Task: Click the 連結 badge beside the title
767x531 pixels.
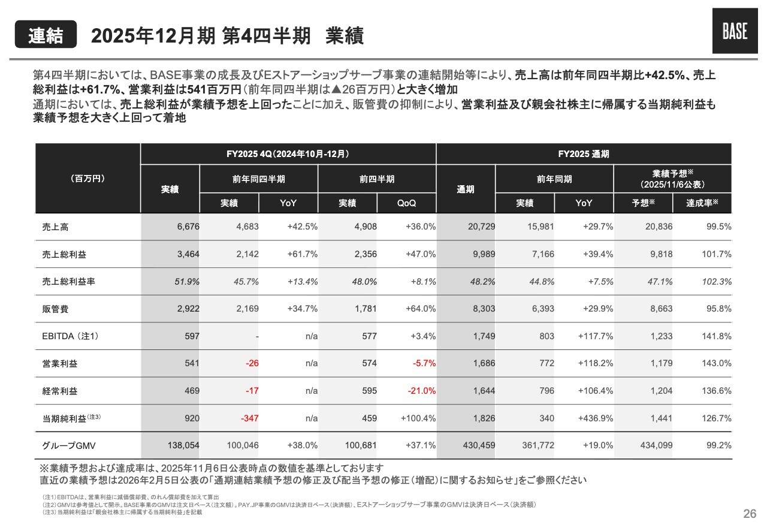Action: [x=46, y=35]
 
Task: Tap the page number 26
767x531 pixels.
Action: [x=749, y=513]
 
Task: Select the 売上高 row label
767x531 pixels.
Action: [x=55, y=227]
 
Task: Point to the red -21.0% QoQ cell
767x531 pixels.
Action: [x=421, y=391]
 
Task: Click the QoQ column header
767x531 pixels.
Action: [x=406, y=203]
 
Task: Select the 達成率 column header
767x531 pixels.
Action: [x=702, y=203]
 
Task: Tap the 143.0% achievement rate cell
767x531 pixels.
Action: [x=716, y=363]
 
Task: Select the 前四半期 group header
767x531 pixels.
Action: [x=377, y=179]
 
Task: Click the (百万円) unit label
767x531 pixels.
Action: [x=87, y=179]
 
